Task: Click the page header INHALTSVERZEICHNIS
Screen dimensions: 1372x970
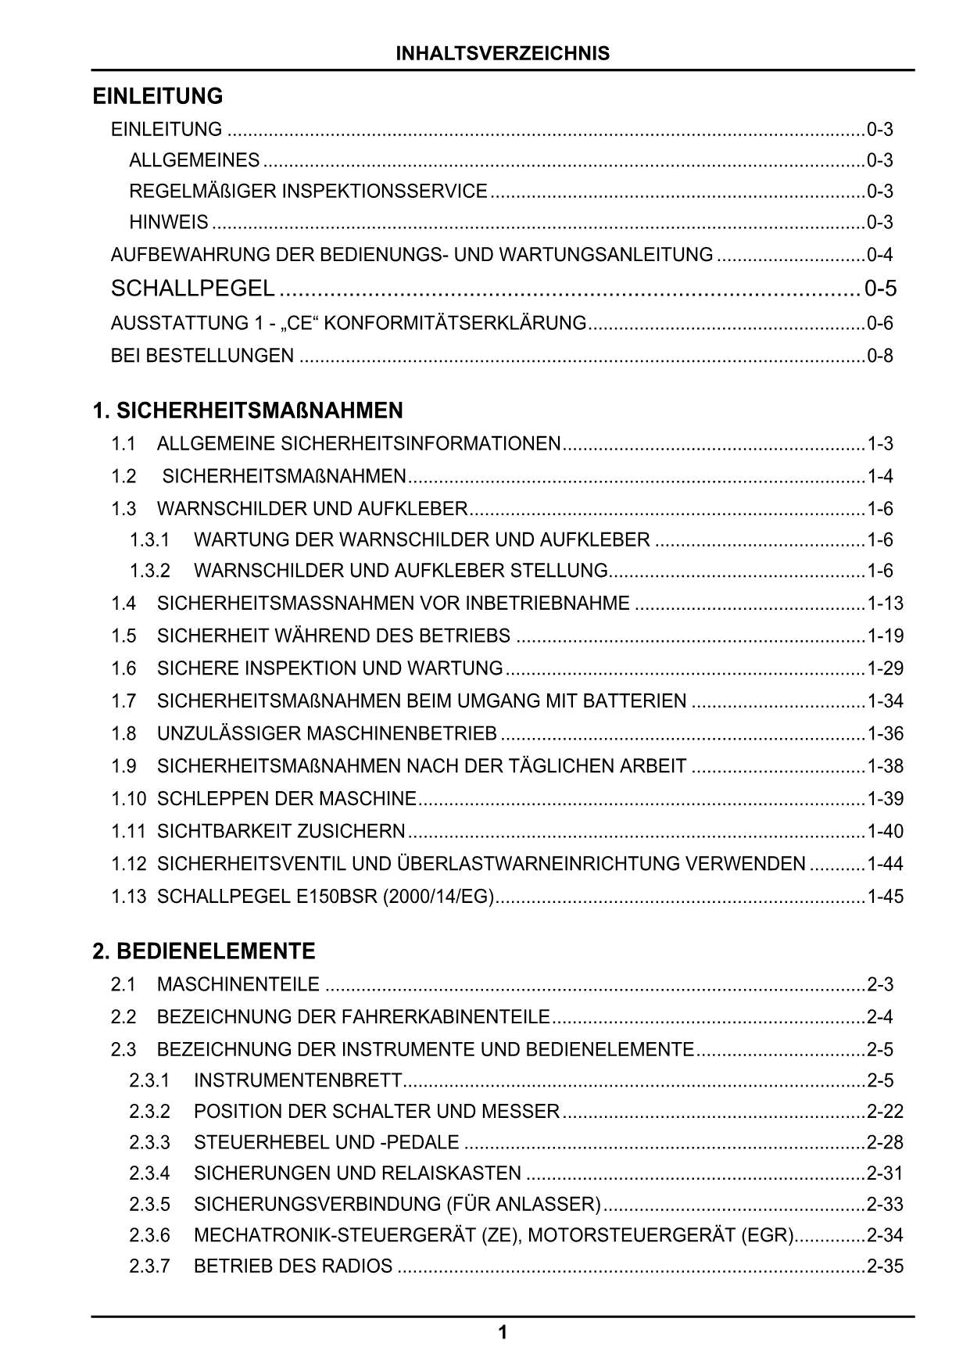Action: pyautogui.click(x=503, y=53)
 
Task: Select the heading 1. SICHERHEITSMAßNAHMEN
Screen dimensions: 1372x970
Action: pyautogui.click(x=248, y=410)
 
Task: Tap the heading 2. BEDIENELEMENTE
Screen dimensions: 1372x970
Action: pyautogui.click(x=204, y=951)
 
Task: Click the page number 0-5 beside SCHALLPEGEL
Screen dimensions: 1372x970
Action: pyautogui.click(x=880, y=288)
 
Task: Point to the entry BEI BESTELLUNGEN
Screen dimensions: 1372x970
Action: pyautogui.click(x=202, y=356)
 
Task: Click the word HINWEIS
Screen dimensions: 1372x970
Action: pyautogui.click(x=169, y=223)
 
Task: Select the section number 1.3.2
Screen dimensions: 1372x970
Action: pyautogui.click(x=149, y=571)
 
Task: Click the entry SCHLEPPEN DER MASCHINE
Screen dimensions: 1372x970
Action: pyautogui.click(x=287, y=799)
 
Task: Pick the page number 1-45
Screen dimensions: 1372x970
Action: pyautogui.click(x=885, y=897)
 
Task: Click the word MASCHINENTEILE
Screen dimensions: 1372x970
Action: pyautogui.click(x=238, y=984)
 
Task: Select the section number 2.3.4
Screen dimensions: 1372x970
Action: pyautogui.click(x=149, y=1173)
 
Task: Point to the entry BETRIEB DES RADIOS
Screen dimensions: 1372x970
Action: pyautogui.click(x=293, y=1266)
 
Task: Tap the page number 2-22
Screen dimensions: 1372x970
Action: pyautogui.click(x=885, y=1112)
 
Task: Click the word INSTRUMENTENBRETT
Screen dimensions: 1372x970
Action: pyautogui.click(x=298, y=1080)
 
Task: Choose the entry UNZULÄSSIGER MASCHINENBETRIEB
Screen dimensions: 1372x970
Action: pyautogui.click(x=327, y=733)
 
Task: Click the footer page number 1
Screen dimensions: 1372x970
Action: pyautogui.click(x=503, y=1332)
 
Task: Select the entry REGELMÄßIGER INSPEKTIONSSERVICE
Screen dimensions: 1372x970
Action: pyautogui.click(x=308, y=192)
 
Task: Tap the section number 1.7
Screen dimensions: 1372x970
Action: pyautogui.click(x=123, y=701)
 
